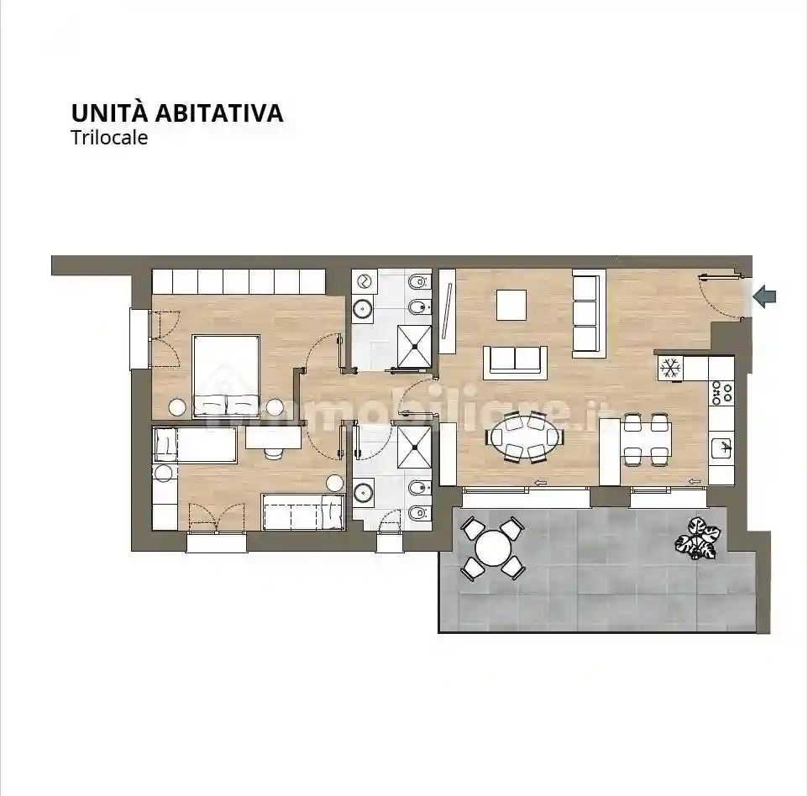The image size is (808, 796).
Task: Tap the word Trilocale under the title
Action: point(109,138)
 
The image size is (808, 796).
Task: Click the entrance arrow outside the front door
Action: point(765,296)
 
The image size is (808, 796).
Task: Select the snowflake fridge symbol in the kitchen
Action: point(670,368)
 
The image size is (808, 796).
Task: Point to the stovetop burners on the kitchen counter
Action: point(721,392)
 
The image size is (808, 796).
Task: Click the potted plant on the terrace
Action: point(697,537)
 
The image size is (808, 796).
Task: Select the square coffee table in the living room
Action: point(511,305)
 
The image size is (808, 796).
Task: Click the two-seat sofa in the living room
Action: point(514,361)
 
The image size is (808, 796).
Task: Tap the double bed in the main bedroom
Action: point(226,376)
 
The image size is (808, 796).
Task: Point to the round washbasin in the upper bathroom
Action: point(364,308)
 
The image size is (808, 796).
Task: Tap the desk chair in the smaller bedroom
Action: point(274,453)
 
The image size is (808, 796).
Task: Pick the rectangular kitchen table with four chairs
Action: point(647,438)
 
